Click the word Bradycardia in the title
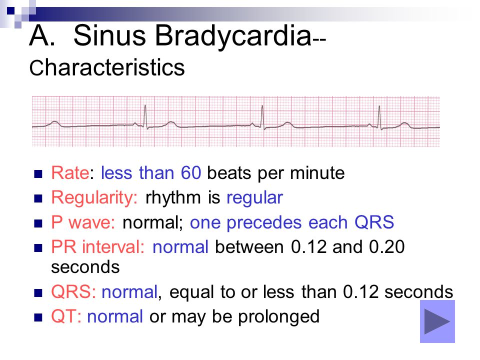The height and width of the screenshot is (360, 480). (233, 36)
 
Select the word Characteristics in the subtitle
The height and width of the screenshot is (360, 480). (107, 67)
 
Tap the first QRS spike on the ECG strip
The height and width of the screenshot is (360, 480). (145, 117)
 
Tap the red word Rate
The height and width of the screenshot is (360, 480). (70, 173)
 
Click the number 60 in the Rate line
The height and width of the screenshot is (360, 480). (191, 173)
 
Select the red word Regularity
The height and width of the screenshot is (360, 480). (94, 198)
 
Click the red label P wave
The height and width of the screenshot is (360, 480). (83, 222)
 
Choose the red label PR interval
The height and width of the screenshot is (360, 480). (97, 246)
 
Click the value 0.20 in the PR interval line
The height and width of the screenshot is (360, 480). (386, 246)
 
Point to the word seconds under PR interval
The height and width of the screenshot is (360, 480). (85, 267)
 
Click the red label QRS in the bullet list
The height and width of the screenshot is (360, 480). (73, 291)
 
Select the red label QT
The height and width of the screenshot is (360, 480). (66, 316)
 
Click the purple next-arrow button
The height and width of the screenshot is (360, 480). (437, 321)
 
